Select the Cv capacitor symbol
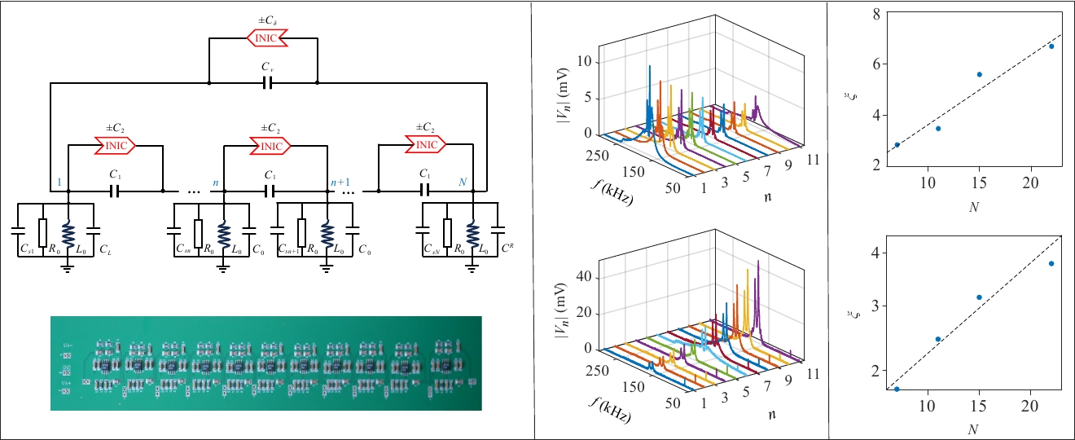click(265, 83)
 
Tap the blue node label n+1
click(339, 183)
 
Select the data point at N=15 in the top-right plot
click(980, 74)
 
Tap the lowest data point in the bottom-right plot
click(897, 389)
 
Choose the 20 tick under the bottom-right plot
click(1030, 405)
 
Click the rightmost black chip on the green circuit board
click(445, 363)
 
